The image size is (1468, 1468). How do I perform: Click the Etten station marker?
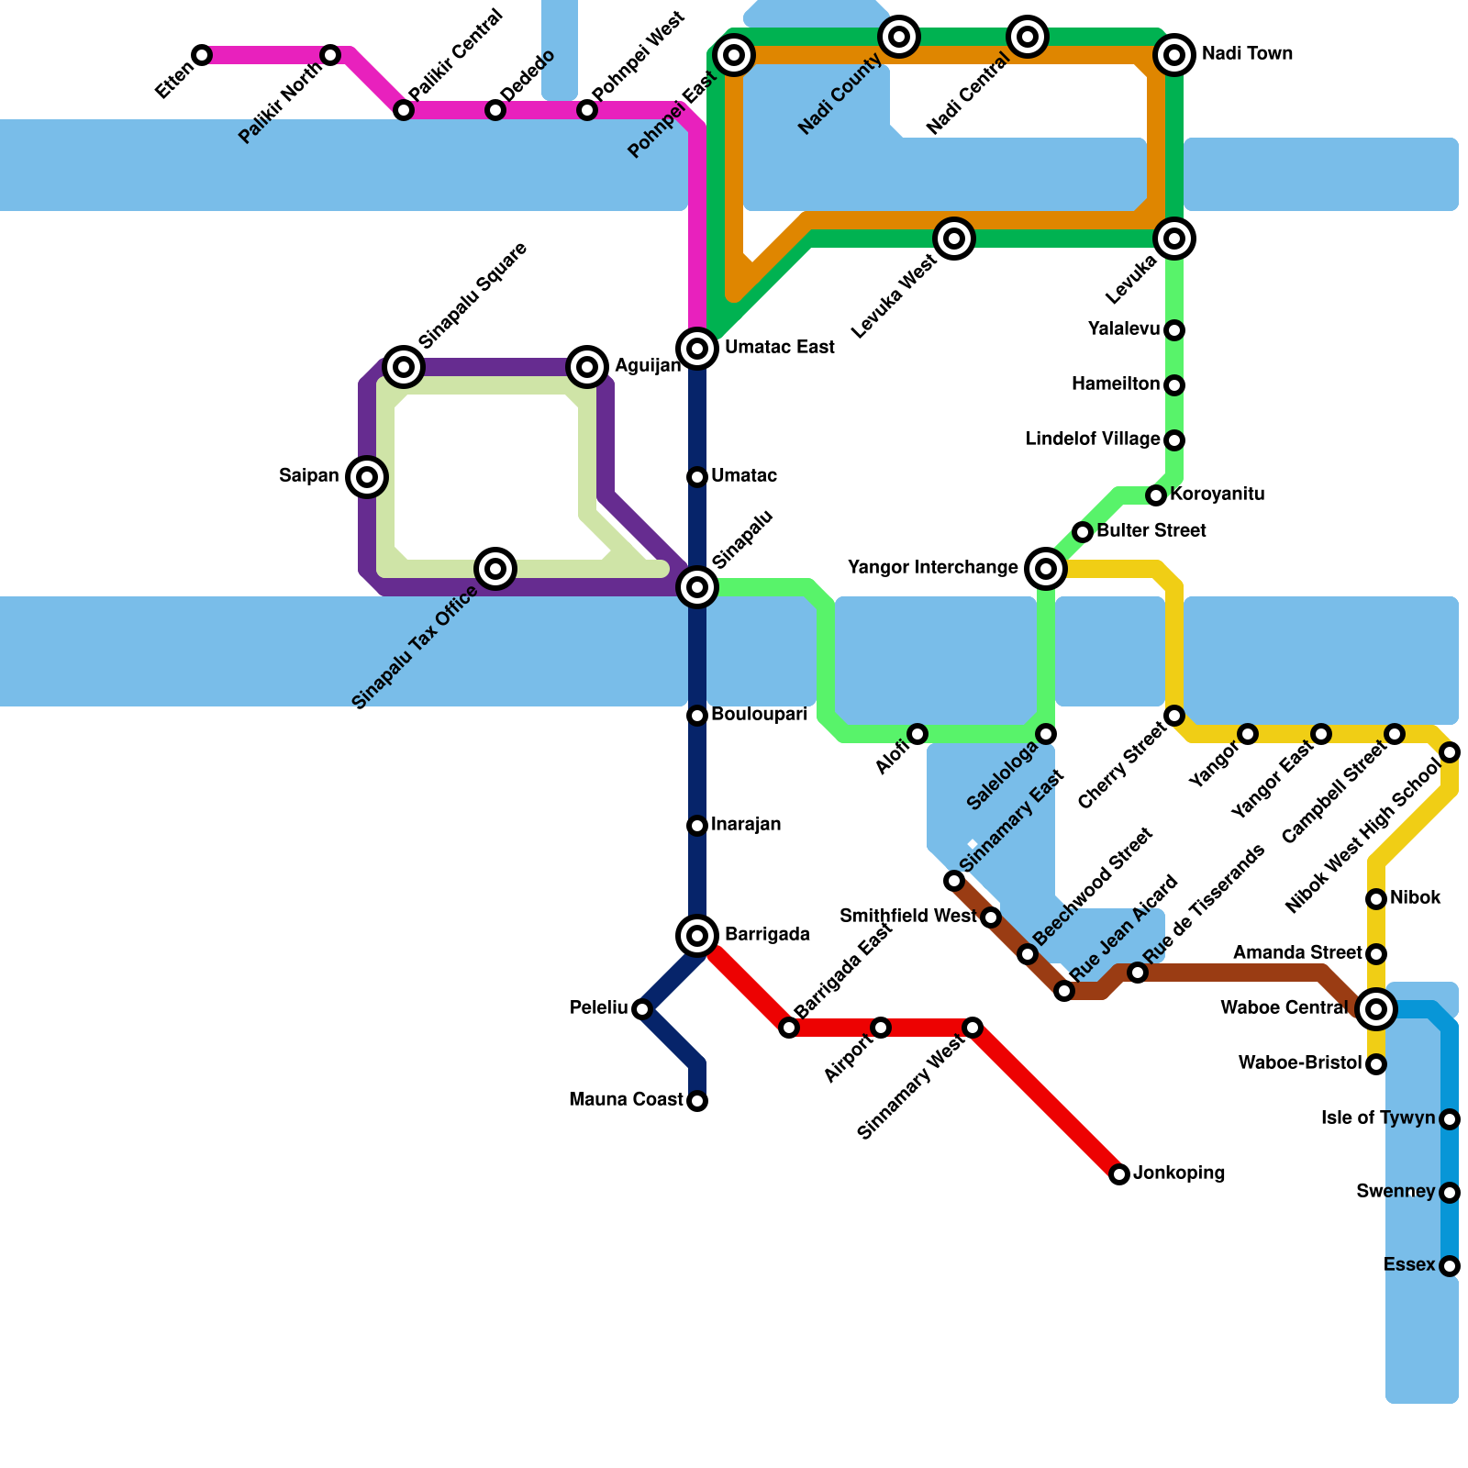(202, 55)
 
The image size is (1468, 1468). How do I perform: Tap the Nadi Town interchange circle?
(1174, 55)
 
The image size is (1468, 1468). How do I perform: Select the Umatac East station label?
(779, 348)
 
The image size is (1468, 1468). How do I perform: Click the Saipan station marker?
(367, 477)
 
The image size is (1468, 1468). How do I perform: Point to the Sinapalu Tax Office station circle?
(495, 569)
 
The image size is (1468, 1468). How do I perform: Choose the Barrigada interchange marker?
(697, 936)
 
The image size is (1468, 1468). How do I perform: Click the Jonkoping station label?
(1179, 1173)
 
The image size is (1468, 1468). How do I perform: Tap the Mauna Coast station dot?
(697, 1101)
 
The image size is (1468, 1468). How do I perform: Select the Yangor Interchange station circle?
(1046, 569)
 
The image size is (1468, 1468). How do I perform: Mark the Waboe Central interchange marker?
(1375, 1009)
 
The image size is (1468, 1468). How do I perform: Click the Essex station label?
(1408, 1265)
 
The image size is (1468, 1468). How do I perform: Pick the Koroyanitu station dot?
(1156, 495)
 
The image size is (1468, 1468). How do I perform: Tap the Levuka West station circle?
(954, 239)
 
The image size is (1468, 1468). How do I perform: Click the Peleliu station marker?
(642, 1009)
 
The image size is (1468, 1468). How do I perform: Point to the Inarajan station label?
(746, 825)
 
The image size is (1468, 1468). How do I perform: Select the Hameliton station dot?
(1174, 385)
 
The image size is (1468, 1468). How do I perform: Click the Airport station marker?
(881, 1028)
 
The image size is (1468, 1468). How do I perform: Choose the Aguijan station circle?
(587, 367)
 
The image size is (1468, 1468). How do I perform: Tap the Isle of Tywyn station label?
(1378, 1118)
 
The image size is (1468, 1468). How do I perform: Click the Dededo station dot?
(495, 110)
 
